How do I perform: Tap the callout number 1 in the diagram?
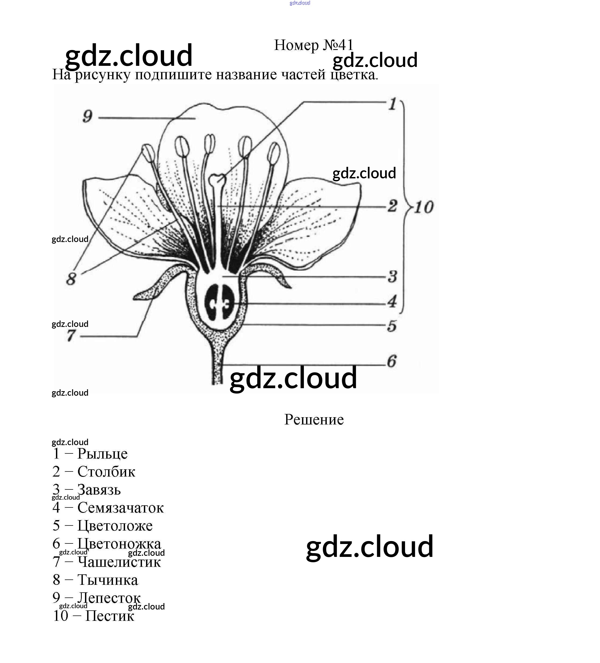(392, 104)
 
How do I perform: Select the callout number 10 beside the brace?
(424, 207)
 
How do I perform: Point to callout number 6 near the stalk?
(392, 361)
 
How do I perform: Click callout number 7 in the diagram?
(71, 336)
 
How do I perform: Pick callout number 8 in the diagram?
(71, 279)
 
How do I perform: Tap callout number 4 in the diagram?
(392, 301)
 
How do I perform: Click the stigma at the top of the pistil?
(217, 179)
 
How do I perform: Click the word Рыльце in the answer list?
(102, 453)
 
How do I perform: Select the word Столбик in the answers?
(106, 472)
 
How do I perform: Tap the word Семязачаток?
(120, 507)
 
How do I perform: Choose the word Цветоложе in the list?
(115, 525)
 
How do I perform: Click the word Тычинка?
(108, 580)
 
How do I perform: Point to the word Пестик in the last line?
(110, 616)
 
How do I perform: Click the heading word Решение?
(314, 419)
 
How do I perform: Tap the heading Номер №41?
(314, 45)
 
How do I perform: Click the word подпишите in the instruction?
(173, 75)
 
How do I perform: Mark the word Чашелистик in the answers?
(119, 562)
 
